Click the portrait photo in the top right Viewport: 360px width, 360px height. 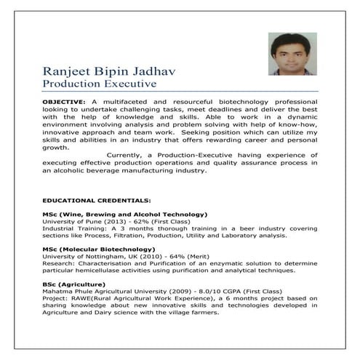pyautogui.click(x=290, y=53)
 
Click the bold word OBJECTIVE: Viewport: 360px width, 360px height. pyautogui.click(x=63, y=98)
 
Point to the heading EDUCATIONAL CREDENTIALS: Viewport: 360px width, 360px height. pyautogui.click(x=96, y=199)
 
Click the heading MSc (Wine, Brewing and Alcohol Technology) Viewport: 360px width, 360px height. pyautogui.click(x=124, y=215)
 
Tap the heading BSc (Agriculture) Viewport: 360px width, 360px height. pyautogui.click(x=76, y=284)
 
